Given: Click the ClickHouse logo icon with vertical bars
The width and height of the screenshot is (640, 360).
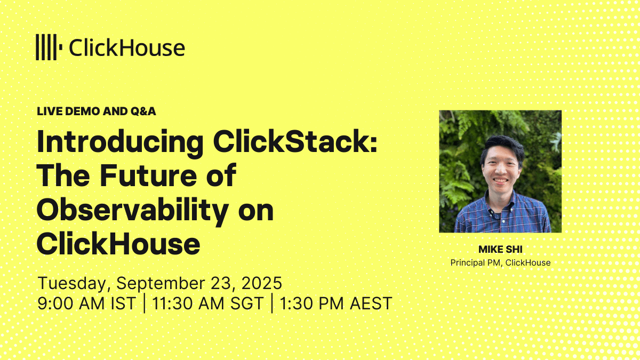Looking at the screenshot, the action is click(49, 47).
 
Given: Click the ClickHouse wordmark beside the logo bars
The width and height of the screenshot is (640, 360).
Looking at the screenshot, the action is click(127, 47).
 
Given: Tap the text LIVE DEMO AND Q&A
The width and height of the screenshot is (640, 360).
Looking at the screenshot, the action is click(97, 111).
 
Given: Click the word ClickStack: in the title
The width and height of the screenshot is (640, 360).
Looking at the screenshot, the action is click(295, 141).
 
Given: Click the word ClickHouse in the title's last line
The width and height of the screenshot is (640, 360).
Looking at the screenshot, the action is click(118, 243).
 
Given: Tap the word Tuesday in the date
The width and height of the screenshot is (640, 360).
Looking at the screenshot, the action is click(74, 283).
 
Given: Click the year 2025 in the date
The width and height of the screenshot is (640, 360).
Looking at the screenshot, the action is click(262, 283).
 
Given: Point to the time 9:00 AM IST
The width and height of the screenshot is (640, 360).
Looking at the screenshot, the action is click(86, 303).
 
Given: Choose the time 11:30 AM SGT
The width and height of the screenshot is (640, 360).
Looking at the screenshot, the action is click(207, 303).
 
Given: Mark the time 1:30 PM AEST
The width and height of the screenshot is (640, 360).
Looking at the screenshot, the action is click(335, 303).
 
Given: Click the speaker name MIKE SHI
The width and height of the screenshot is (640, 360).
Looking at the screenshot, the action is click(500, 250).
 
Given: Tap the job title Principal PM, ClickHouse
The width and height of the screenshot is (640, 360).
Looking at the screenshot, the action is click(500, 262).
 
